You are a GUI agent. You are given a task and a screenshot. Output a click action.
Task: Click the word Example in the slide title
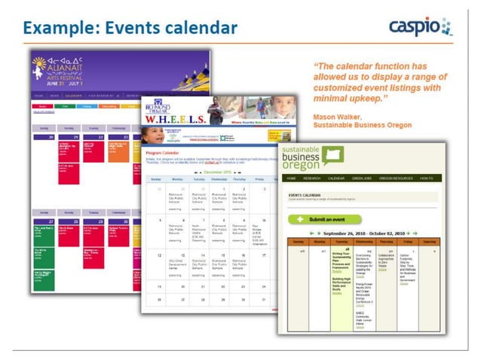click(x=54, y=29)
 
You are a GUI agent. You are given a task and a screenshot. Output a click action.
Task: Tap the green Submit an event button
click(x=324, y=219)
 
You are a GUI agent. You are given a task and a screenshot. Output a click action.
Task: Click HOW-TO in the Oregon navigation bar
click(x=426, y=178)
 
